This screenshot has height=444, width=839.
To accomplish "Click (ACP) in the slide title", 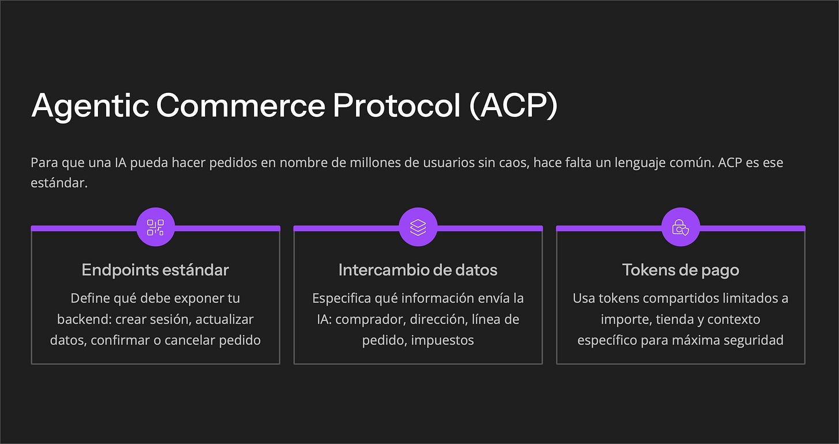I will [513, 106].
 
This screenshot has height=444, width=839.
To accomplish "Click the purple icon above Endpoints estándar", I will [156, 227].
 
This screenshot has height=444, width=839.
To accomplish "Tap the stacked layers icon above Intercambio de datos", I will [418, 227].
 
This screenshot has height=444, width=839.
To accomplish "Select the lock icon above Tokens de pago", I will [681, 227].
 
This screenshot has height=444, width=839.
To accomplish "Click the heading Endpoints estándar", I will [155, 270].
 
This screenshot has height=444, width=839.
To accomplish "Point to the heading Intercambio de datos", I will [418, 270].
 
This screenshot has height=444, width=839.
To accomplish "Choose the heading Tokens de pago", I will [681, 270].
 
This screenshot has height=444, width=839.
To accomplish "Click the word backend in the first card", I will [80, 319].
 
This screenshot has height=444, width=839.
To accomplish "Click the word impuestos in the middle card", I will [443, 340].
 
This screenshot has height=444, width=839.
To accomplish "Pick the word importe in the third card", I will [624, 319].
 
